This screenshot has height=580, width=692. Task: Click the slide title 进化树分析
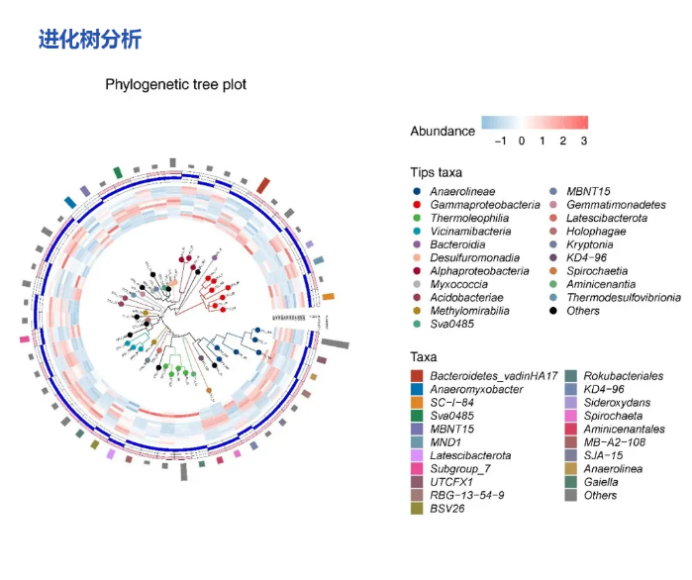coord(90,40)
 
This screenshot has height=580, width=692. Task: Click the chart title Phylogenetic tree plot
coord(176,85)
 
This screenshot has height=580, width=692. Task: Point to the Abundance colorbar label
coord(443,131)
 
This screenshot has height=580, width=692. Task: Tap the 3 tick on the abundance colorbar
coord(584,142)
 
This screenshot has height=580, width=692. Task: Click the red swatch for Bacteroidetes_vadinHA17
coord(418,376)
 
